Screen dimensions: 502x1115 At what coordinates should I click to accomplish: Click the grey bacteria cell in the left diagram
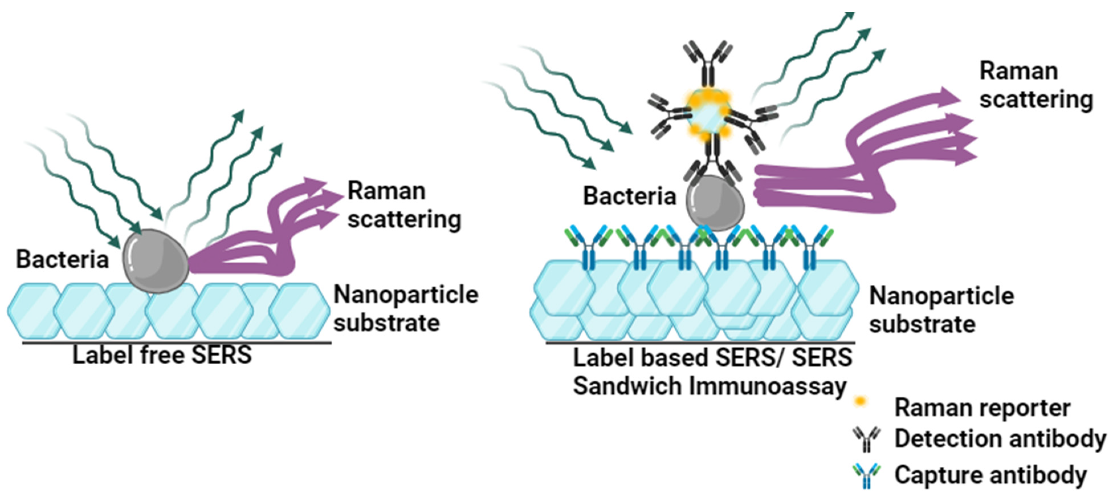[156, 261]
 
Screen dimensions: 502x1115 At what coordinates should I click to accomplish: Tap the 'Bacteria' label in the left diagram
[62, 260]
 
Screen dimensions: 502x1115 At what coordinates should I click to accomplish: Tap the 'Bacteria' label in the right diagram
[629, 196]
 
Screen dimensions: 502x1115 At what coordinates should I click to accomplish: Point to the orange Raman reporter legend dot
[861, 402]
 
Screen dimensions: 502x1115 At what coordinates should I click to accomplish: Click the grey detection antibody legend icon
[866, 439]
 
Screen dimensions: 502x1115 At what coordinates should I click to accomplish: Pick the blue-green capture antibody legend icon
[866, 475]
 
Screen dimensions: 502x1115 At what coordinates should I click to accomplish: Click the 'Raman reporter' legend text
[982, 408]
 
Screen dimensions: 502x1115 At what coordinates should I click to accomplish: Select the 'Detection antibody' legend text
[1000, 439]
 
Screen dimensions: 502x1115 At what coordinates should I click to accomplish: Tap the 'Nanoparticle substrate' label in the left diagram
[405, 309]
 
